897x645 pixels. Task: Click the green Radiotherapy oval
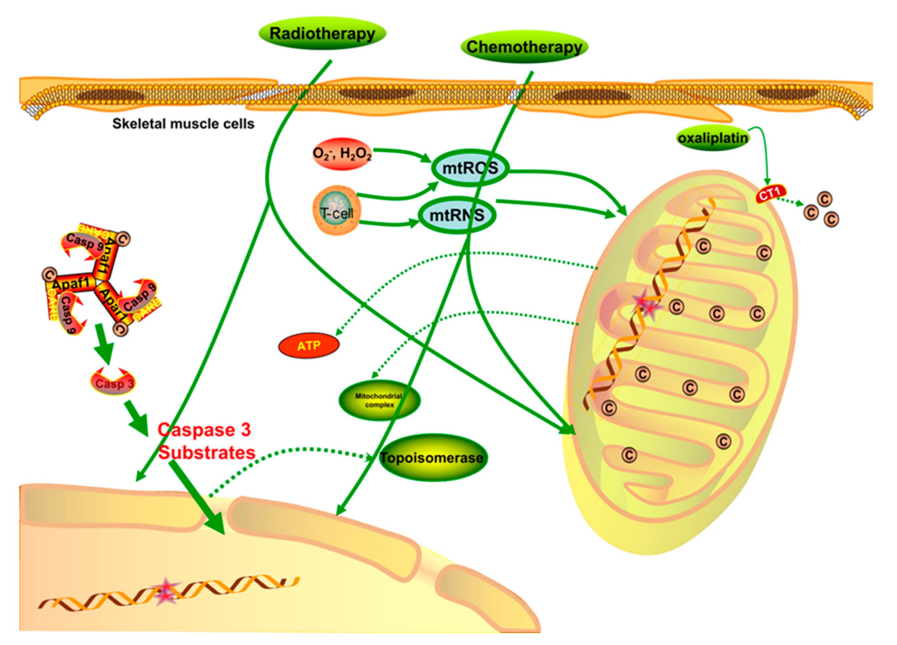click(x=322, y=33)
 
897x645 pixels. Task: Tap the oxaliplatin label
click(x=713, y=138)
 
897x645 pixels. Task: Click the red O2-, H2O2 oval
click(x=342, y=154)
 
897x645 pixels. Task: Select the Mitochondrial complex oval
click(x=379, y=400)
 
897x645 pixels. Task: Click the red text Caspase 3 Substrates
click(x=205, y=441)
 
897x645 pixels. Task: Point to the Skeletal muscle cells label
click(x=183, y=124)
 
